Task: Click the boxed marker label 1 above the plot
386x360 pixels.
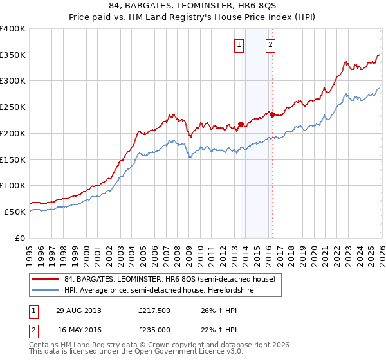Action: (239, 44)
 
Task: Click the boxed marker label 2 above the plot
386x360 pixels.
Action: (270, 44)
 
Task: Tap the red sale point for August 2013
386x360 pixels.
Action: (241, 124)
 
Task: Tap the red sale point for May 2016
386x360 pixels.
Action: (272, 114)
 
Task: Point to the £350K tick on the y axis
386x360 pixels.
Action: (13, 55)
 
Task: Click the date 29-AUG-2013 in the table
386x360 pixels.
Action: (78, 310)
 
